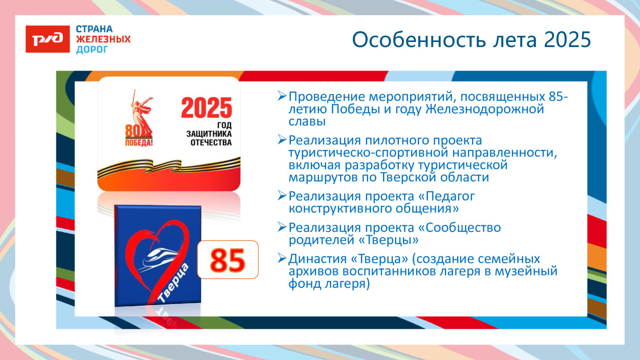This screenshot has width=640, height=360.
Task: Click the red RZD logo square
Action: (48, 39)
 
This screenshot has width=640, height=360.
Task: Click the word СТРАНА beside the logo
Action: (95, 29)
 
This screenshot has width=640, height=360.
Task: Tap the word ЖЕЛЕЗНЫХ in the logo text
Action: (103, 39)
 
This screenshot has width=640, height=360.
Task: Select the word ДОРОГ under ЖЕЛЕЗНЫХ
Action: (92, 50)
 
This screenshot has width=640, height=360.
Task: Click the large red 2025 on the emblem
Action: (206, 108)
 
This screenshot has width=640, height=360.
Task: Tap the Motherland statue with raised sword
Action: (138, 113)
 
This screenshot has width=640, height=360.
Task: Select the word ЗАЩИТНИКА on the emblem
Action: (209, 133)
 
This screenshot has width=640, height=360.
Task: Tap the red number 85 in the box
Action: (227, 260)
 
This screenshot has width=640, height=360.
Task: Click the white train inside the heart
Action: (156, 259)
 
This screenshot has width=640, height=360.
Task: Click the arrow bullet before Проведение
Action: (282, 96)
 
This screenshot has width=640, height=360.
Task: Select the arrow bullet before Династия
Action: (282, 258)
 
